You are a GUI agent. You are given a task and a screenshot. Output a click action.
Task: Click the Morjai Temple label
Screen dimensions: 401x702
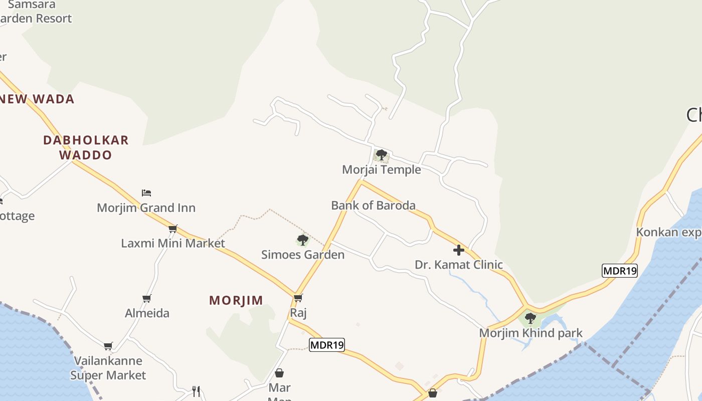381,170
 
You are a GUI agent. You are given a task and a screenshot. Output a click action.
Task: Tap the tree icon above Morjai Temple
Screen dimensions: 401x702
382,155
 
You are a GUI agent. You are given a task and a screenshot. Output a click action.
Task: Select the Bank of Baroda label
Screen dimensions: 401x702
373,206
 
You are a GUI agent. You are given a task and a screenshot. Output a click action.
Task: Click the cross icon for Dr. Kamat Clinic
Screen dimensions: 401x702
458,250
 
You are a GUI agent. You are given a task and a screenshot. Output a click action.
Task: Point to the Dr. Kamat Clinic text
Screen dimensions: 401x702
458,265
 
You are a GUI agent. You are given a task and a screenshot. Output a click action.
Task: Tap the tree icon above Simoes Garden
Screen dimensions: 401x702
302,240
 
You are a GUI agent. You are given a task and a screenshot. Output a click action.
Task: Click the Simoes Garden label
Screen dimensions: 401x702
303,255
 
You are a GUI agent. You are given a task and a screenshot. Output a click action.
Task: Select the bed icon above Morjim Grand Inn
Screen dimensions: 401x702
146,193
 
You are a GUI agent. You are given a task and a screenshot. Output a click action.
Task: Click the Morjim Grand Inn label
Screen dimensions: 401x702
146,208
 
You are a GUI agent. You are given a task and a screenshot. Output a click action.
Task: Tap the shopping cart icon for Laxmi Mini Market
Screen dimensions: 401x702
173,229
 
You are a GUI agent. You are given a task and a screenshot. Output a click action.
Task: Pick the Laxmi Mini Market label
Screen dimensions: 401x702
173,244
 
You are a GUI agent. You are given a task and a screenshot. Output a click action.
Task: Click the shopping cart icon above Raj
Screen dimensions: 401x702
298,298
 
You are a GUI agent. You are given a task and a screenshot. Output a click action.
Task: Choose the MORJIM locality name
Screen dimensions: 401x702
236,300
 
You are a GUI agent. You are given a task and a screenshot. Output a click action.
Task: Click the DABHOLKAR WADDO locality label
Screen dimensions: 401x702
86,147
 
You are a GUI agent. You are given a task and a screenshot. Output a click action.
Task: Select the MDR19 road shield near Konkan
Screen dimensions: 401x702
620,271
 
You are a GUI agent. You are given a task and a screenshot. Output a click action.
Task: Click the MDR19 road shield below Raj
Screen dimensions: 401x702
327,345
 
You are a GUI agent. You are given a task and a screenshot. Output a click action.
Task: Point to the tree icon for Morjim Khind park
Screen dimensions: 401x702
530,318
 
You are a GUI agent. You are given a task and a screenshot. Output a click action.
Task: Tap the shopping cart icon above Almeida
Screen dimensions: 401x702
147,299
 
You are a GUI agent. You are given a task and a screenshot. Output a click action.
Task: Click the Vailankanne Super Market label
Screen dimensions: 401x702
108,368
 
